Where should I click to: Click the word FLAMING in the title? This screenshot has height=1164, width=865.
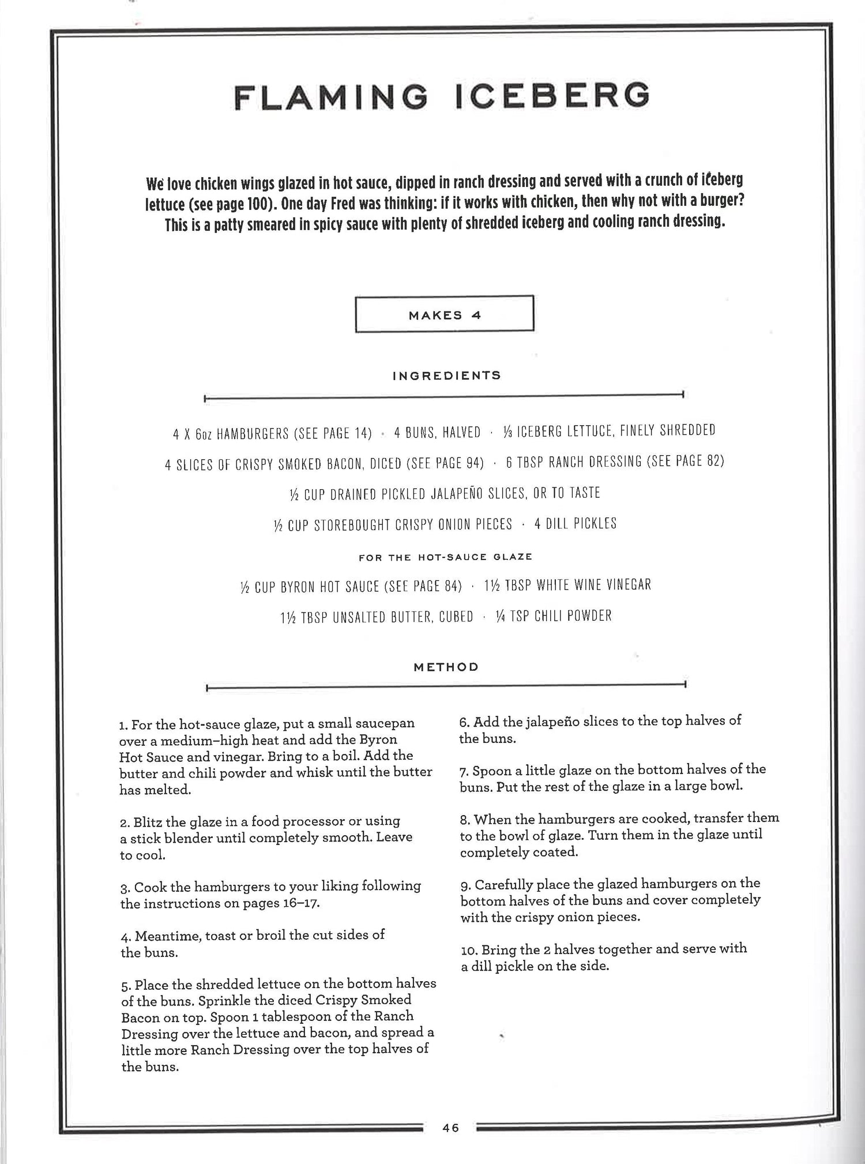pos(331,97)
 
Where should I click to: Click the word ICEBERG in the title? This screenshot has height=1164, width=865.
pos(552,96)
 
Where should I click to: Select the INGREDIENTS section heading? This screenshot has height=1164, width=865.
pos(446,376)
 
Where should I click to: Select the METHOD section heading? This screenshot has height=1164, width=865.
pos(446,667)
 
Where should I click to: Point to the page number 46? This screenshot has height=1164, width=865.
pos(450,1128)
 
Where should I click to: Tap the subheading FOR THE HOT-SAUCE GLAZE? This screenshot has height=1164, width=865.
pos(445,557)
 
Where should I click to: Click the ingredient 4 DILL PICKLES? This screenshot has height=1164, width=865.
pos(576,524)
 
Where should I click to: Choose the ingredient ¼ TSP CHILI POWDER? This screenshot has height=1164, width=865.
pos(554,616)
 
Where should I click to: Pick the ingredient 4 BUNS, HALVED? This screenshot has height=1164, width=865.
pos(437,433)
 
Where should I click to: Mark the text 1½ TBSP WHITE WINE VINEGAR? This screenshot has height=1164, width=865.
pos(567,585)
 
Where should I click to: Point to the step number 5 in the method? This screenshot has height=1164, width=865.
pos(125,985)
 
